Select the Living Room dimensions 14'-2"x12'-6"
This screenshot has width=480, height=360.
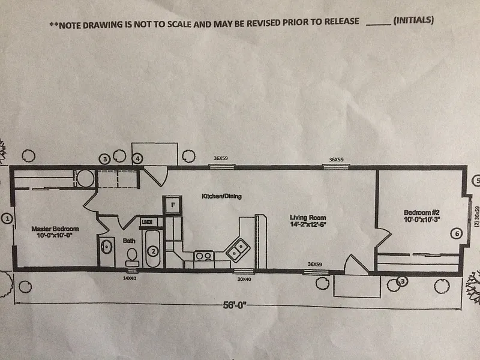pyautogui.click(x=310, y=224)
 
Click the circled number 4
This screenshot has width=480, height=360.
pyautogui.click(x=137, y=159)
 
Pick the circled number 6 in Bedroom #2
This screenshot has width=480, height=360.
pyautogui.click(x=455, y=234)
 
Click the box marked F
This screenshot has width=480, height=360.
pyautogui.click(x=173, y=205)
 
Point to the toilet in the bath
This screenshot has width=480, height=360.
pyautogui.click(x=132, y=256)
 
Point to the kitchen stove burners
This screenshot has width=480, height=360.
pyautogui.click(x=203, y=256)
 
